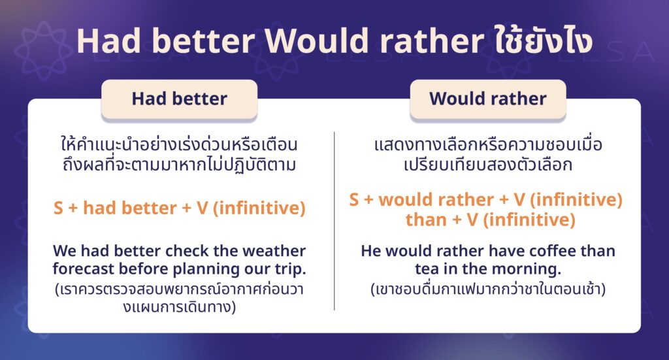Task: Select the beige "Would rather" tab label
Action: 487,99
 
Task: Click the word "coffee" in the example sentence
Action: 525,251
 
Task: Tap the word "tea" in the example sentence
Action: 426,269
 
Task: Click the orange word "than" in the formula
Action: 425,220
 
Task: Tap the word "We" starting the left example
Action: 65,251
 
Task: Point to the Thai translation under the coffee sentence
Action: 487,288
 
